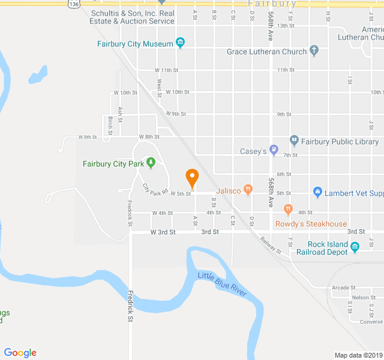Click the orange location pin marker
[192, 178]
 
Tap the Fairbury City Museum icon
[179, 43]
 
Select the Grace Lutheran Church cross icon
[314, 51]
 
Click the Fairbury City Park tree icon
[151, 163]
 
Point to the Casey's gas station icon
[274, 151]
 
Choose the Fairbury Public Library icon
[294, 142]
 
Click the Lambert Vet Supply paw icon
[317, 193]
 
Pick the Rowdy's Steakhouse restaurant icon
[288, 209]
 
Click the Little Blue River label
[222, 283]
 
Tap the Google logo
[20, 353]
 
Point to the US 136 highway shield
[73, 4]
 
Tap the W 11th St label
[166, 70]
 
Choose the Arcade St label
[344, 287]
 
